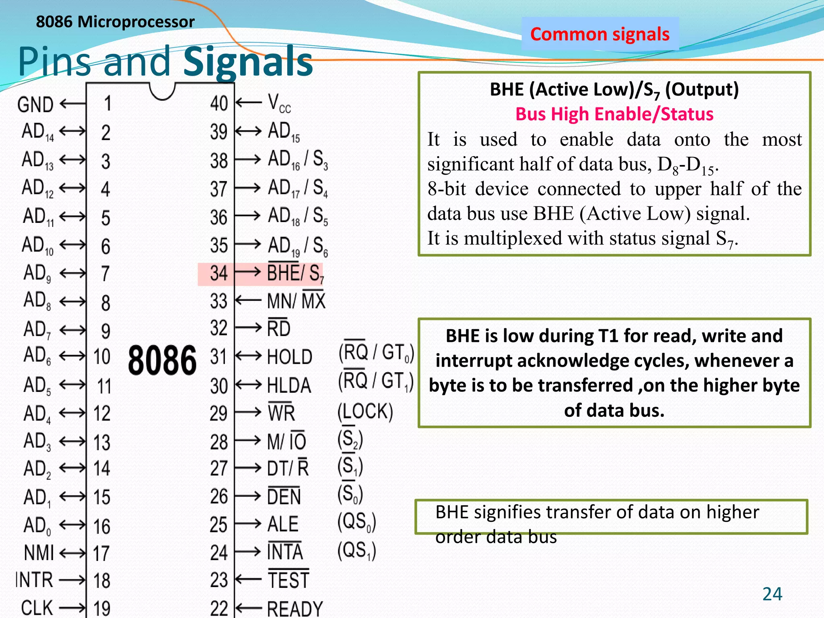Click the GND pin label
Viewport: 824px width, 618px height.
coord(35,105)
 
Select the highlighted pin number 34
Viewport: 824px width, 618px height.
coord(219,274)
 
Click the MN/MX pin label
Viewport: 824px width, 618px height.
coord(296,301)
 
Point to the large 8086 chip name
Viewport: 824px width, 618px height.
coord(162,360)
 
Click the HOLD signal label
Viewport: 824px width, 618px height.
coord(290,357)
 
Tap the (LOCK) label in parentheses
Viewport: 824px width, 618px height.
coord(365,412)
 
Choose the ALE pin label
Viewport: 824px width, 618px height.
coord(283,524)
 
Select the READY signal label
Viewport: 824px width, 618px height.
coord(295,608)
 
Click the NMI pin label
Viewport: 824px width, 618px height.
coord(39,553)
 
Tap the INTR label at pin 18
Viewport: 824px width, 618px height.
coord(35,580)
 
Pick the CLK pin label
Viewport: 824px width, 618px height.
coord(37,608)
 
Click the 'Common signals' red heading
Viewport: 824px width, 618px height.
coord(600,34)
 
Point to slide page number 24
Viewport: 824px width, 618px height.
coord(772,594)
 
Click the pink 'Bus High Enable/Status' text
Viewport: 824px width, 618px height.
coord(614,114)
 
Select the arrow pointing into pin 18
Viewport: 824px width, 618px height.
coord(72,580)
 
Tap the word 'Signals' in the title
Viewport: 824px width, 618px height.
coord(248,62)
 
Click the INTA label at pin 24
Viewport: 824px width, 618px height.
coord(285,552)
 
